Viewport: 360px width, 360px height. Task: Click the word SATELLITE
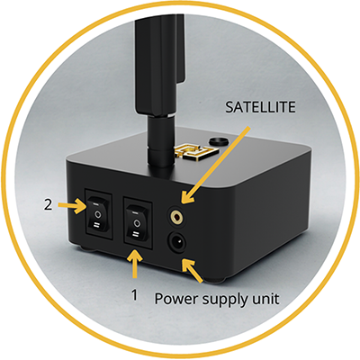click(x=260, y=107)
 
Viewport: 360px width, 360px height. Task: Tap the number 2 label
click(x=48, y=204)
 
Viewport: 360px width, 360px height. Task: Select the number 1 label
click(x=135, y=295)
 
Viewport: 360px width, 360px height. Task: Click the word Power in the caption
click(x=176, y=299)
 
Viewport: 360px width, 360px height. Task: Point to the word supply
click(x=225, y=300)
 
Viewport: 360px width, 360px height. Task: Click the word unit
click(x=265, y=299)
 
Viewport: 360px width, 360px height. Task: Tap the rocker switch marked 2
click(x=97, y=214)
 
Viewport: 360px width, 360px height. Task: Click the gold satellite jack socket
click(x=177, y=215)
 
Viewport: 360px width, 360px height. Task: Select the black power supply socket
click(x=177, y=241)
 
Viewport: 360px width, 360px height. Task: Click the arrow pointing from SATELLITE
click(x=215, y=165)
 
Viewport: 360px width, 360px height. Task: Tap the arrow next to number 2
click(x=72, y=205)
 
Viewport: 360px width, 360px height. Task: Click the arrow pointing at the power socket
click(x=192, y=271)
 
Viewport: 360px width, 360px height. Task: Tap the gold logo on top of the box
click(x=196, y=151)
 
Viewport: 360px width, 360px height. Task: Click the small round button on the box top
click(x=218, y=141)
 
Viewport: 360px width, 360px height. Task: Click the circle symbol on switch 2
click(x=97, y=214)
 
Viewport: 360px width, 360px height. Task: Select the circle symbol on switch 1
click(x=137, y=222)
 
